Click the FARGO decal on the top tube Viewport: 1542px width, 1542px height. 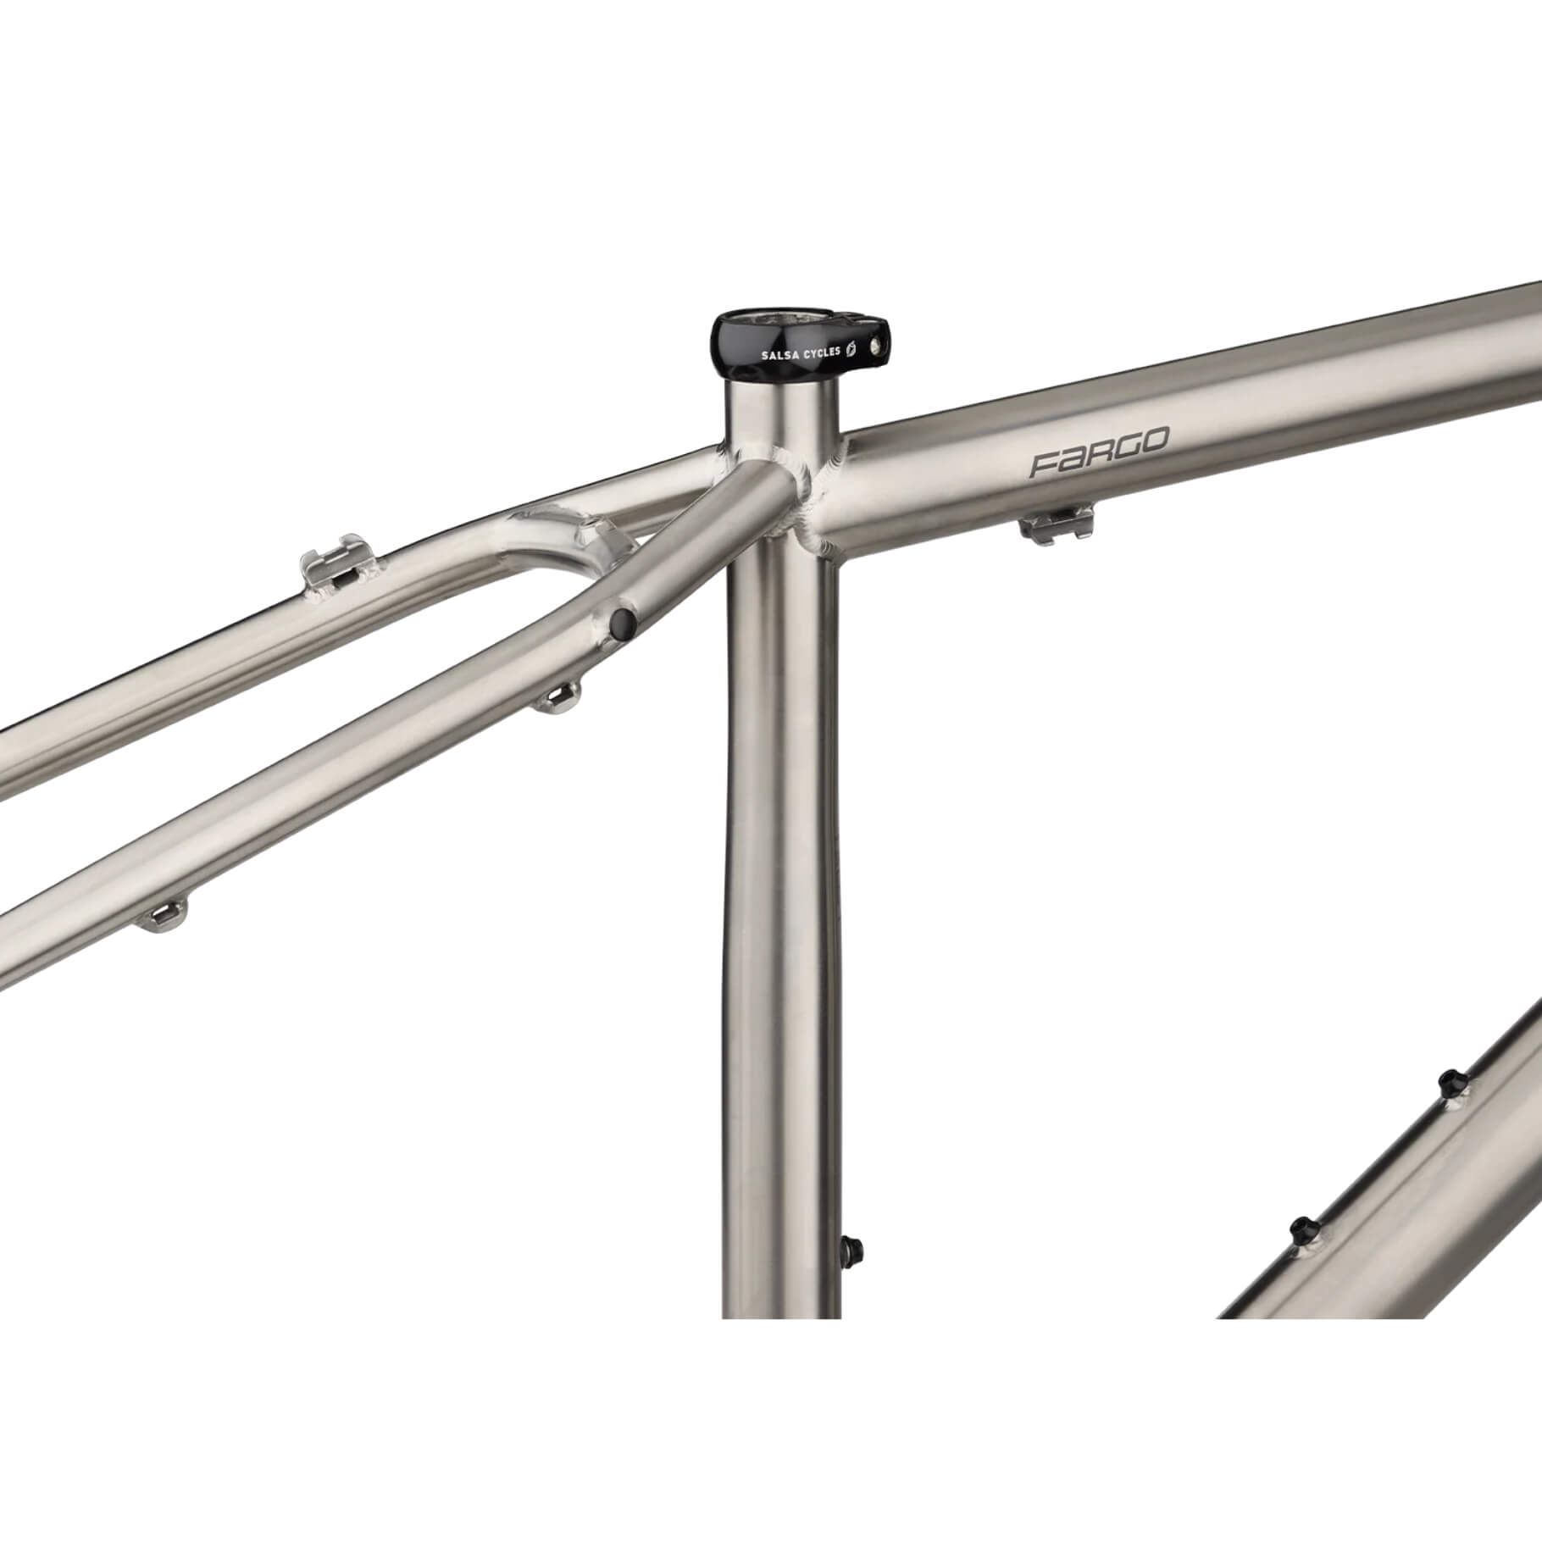[x=1099, y=453]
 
